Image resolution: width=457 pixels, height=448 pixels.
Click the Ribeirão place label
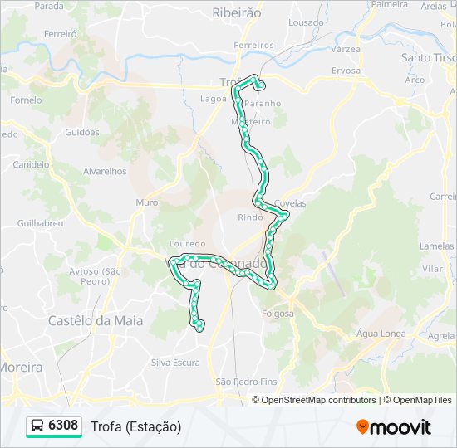click(x=237, y=12)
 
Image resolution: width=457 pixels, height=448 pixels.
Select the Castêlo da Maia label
click(x=96, y=320)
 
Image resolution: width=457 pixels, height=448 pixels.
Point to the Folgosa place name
click(x=278, y=314)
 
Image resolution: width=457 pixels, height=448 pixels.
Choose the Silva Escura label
click(x=175, y=363)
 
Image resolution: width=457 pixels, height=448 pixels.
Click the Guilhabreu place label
click(x=40, y=224)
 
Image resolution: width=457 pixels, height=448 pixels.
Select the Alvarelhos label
click(x=105, y=171)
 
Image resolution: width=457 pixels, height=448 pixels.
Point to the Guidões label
click(x=81, y=132)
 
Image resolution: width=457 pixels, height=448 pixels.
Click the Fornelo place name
click(x=26, y=100)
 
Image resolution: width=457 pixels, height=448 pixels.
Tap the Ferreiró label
click(x=61, y=34)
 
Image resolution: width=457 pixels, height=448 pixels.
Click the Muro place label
click(x=146, y=202)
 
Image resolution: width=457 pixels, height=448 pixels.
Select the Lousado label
click(x=307, y=22)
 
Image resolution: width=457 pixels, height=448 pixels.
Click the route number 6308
click(x=63, y=426)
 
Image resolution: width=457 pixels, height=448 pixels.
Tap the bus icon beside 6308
click(x=37, y=426)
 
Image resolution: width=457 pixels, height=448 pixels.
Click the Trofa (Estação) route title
click(x=135, y=426)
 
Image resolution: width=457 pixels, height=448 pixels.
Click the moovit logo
click(x=394, y=427)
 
